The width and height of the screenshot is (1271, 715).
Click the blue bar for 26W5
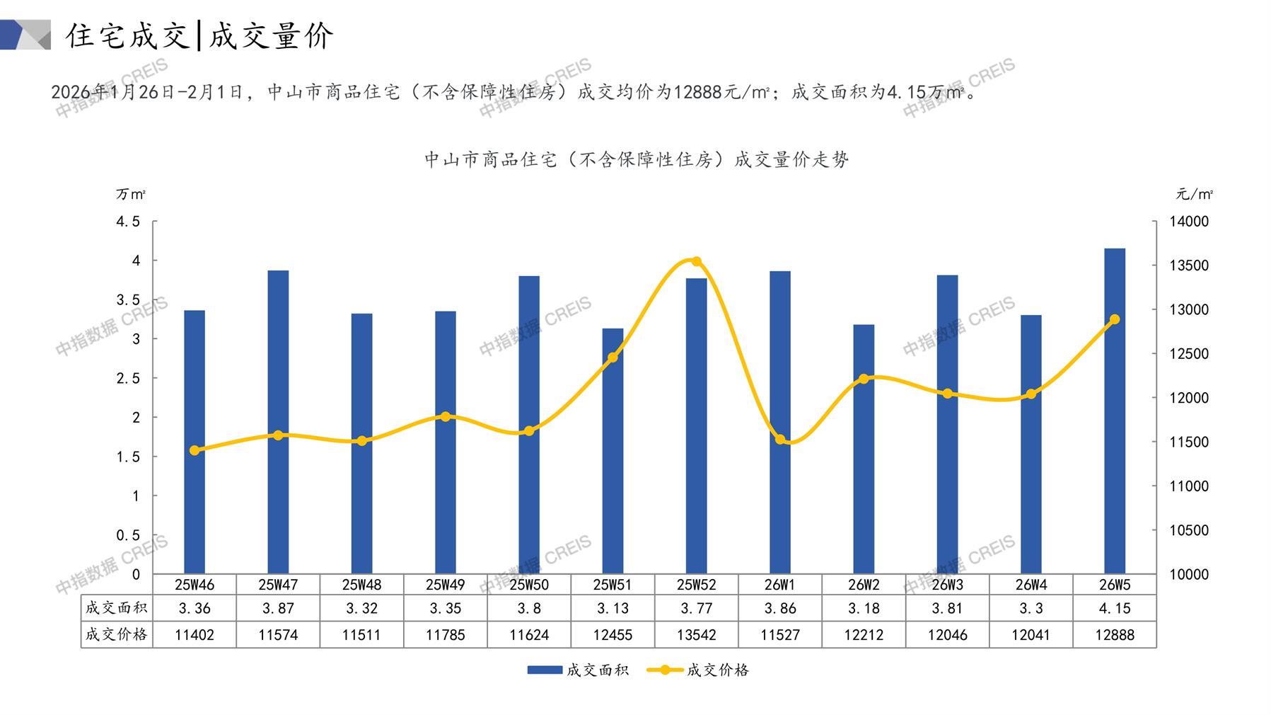click(x=1114, y=411)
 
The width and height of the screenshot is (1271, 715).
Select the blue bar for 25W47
click(x=278, y=422)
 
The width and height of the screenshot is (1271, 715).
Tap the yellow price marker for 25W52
click(x=696, y=262)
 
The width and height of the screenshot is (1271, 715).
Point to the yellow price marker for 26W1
click(x=780, y=440)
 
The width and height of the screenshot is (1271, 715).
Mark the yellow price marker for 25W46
click(x=195, y=450)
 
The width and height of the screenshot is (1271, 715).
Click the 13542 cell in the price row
click(x=696, y=635)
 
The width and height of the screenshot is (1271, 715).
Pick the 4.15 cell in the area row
click(x=1114, y=608)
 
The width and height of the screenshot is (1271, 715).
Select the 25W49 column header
click(x=445, y=585)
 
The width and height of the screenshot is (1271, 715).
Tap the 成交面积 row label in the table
click(x=116, y=608)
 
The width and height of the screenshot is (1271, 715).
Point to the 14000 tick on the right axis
click(x=1188, y=222)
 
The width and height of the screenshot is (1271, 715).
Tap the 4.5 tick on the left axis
click(x=128, y=222)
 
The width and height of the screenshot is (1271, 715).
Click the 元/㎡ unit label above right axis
click(x=1194, y=194)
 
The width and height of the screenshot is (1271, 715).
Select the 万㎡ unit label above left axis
click(x=131, y=194)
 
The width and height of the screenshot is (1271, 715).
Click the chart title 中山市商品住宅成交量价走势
click(x=636, y=160)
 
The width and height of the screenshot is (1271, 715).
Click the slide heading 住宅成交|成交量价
click(x=199, y=35)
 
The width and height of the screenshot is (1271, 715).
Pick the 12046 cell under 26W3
click(x=947, y=635)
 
